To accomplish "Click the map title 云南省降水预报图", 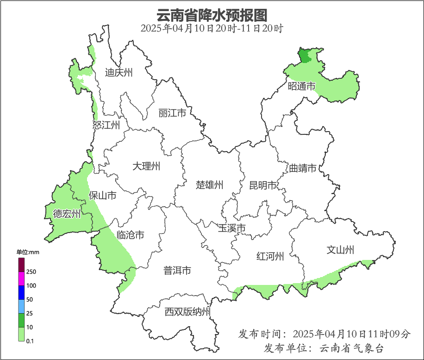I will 212,15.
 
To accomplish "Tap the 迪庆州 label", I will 118,72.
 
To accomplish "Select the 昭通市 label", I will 301,86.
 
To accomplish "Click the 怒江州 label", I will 106,125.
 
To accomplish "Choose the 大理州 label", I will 146,166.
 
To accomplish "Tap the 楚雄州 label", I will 209,185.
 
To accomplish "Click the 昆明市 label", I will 262,185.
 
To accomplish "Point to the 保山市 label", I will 102,196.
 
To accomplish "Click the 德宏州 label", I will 67,214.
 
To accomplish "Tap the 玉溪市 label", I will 231,228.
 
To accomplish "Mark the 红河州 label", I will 270,256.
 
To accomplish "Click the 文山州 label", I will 340,250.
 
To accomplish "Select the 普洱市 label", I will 177,271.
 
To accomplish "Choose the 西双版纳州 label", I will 187,312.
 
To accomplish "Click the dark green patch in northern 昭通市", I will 305,56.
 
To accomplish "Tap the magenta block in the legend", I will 21,278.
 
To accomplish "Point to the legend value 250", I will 31,272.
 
